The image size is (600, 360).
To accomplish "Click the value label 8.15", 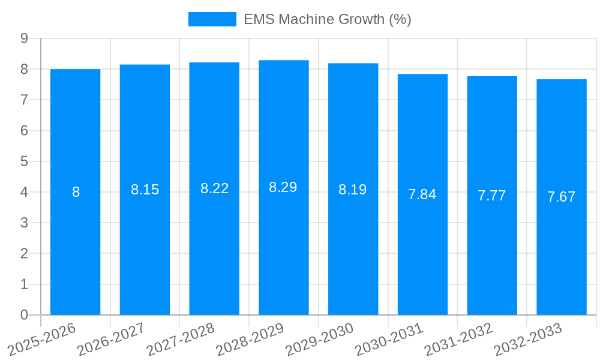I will [145, 190].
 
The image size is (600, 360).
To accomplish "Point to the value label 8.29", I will [283, 187].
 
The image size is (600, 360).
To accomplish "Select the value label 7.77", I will [491, 196].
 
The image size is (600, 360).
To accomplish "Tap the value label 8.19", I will [353, 190].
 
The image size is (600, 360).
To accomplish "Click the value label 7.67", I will [561, 197].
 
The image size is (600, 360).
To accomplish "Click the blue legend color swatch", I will [212, 19].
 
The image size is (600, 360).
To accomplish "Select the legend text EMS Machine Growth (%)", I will [327, 19].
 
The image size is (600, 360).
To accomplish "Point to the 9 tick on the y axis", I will [24, 38].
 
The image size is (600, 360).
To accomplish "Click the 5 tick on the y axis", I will [24, 161].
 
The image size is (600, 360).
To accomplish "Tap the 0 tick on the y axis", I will [24, 315].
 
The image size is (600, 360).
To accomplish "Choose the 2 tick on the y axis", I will [24, 254].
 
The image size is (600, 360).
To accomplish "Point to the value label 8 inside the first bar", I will [76, 192].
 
